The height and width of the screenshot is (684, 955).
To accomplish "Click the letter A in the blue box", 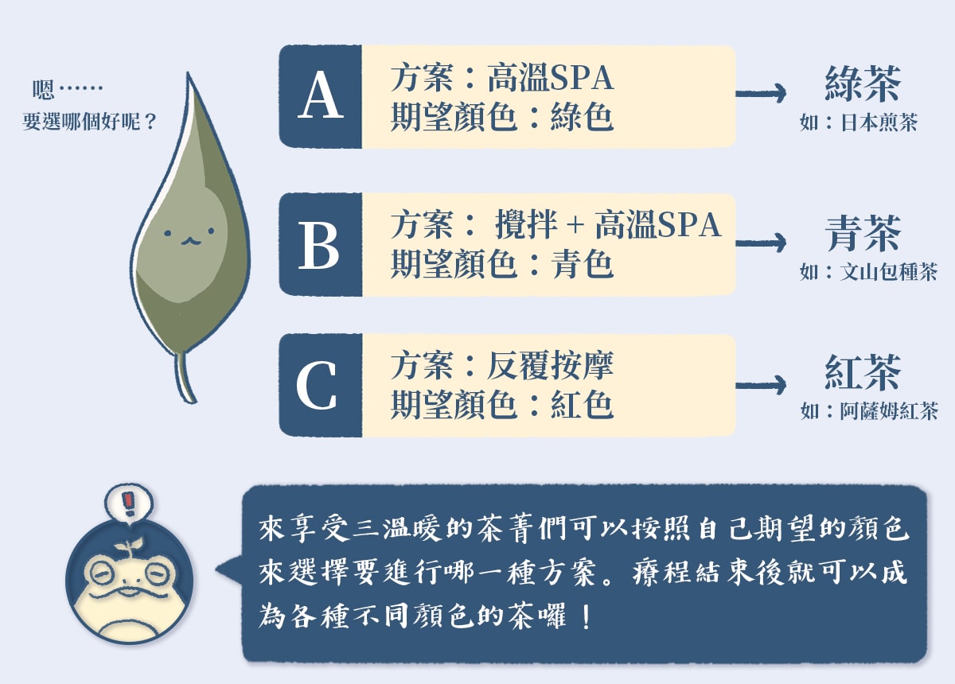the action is pyautogui.click(x=321, y=95).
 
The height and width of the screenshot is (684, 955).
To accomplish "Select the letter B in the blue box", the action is pyautogui.click(x=319, y=246).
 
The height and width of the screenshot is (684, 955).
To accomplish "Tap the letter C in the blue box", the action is pyautogui.click(x=317, y=385).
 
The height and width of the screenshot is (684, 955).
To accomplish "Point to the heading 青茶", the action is pyautogui.click(x=863, y=233).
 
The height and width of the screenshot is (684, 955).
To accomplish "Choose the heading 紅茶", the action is pyautogui.click(x=863, y=372).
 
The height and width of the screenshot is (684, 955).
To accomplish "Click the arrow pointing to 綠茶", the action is pyautogui.click(x=761, y=93).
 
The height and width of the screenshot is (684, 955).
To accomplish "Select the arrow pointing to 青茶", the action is pyautogui.click(x=761, y=243).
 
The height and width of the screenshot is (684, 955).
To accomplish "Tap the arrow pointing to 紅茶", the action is pyautogui.click(x=761, y=385).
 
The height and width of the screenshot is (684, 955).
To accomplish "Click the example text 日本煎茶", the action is pyautogui.click(x=879, y=122).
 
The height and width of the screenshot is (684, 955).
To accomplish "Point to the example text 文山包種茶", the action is pyautogui.click(x=888, y=272).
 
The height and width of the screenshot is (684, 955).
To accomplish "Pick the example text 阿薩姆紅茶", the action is pyautogui.click(x=889, y=411).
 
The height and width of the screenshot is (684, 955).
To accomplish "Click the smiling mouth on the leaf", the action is pyautogui.click(x=190, y=242).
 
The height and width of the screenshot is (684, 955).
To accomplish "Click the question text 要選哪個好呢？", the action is pyautogui.click(x=90, y=122).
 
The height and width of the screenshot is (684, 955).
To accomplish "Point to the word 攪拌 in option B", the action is pyautogui.click(x=526, y=224).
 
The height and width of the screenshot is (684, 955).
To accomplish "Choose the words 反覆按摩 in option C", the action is pyautogui.click(x=550, y=365).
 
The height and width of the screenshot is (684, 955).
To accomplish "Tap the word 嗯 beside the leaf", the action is pyautogui.click(x=44, y=90).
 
